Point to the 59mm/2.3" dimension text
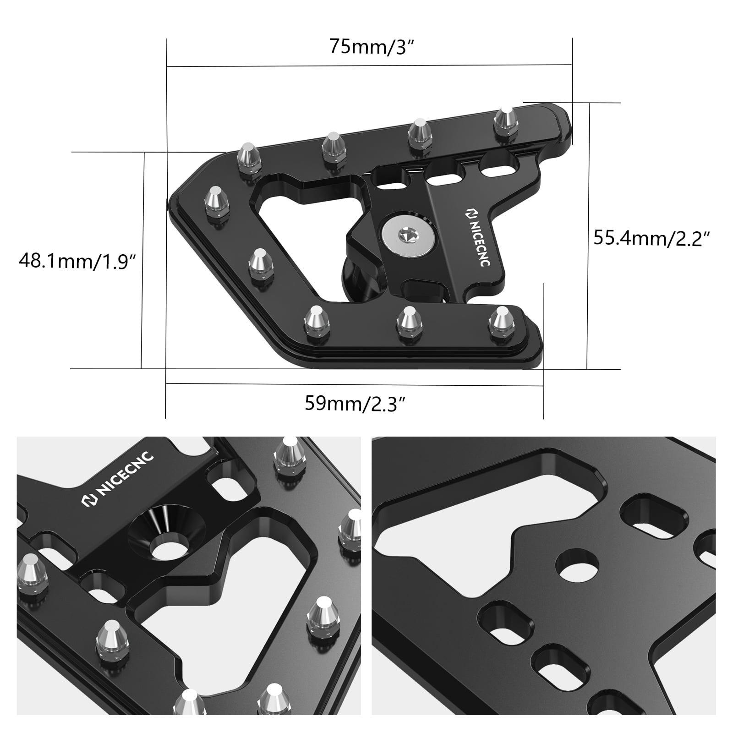point(356,404)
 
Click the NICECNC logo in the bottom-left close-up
point(118,480)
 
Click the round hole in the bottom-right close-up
point(577,563)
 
